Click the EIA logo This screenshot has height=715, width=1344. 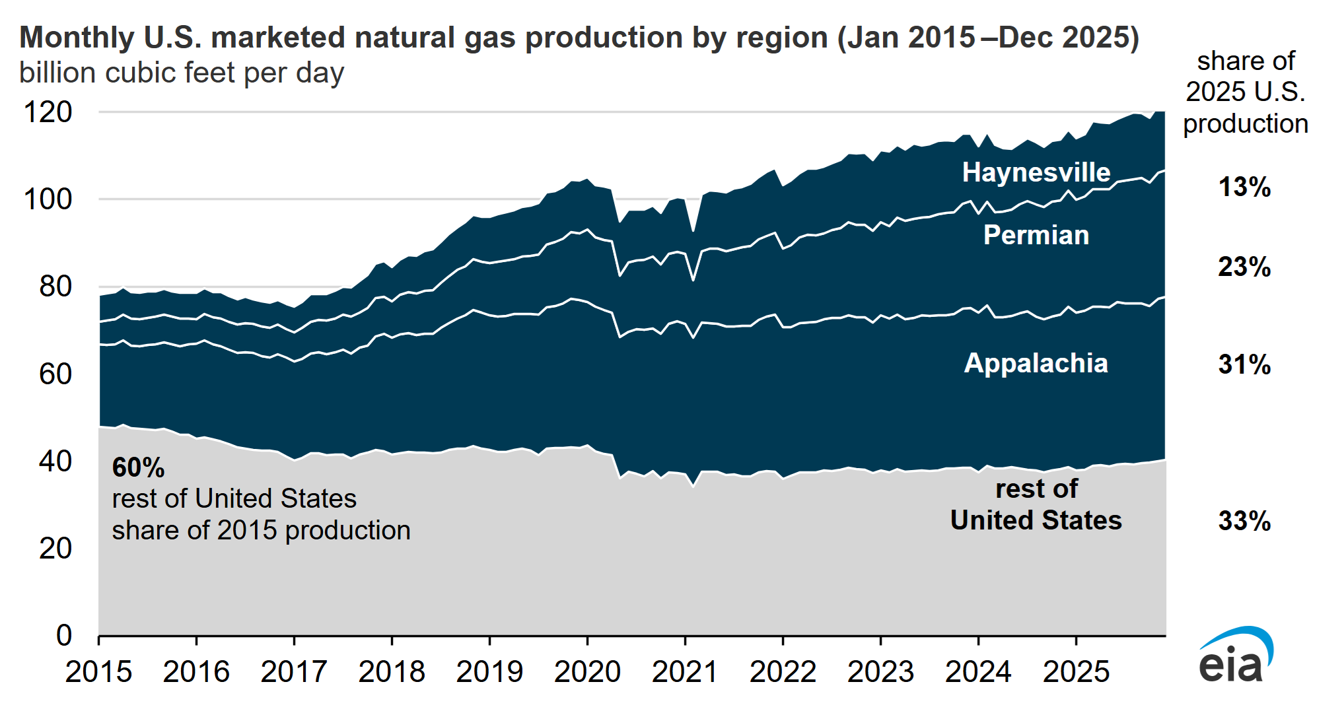[x=1235, y=657]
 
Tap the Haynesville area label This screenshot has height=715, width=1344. [x=1036, y=172]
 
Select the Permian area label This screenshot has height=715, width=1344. [x=1036, y=235]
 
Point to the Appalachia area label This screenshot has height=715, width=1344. [x=1036, y=363]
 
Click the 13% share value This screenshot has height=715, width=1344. [x=1244, y=187]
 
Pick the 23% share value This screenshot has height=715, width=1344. [x=1244, y=267]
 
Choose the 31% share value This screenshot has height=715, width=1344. [x=1244, y=364]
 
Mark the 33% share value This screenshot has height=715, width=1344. [x=1244, y=521]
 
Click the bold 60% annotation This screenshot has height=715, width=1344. [x=138, y=467]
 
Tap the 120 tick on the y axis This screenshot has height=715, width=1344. [x=48, y=112]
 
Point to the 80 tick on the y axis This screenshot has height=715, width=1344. [x=55, y=287]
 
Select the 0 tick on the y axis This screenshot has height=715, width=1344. [x=63, y=635]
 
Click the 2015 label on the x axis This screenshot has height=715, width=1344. [x=98, y=672]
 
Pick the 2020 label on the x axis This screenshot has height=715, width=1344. [x=587, y=672]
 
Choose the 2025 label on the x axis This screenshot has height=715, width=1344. [x=1076, y=672]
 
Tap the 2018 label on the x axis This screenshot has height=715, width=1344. [x=392, y=672]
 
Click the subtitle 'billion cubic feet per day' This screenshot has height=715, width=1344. [x=182, y=73]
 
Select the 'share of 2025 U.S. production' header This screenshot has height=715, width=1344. [x=1245, y=92]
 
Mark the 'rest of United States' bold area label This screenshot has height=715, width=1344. [x=1036, y=505]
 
